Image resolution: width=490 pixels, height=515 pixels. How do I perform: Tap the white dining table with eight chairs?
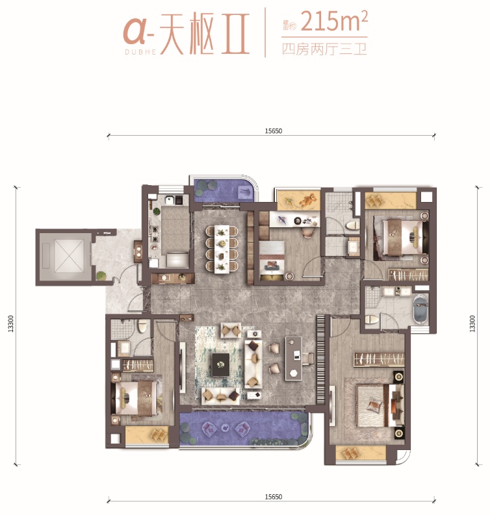[223, 248]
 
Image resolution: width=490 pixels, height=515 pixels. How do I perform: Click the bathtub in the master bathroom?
[420, 309]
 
